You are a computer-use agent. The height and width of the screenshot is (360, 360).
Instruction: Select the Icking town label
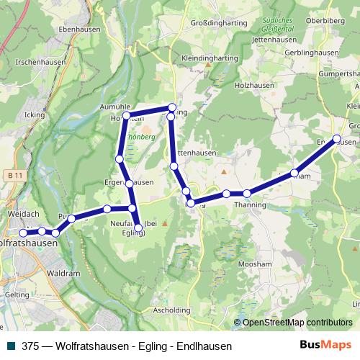click(34, 114)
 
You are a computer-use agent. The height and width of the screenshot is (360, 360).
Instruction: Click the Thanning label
click(250, 205)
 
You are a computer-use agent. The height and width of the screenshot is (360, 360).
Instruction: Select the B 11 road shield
click(12, 176)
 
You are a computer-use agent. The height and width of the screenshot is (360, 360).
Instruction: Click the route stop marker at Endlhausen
click(336, 138)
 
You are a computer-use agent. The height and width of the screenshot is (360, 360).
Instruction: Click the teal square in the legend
click(9, 346)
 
